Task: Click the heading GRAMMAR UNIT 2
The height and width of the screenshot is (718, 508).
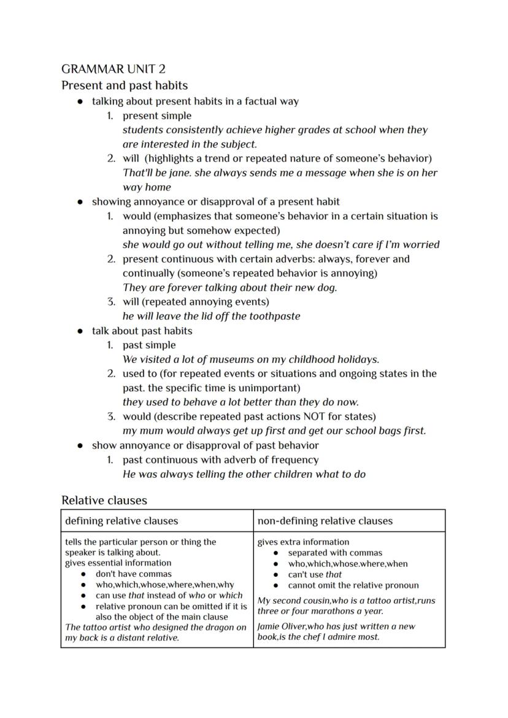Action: tap(114, 69)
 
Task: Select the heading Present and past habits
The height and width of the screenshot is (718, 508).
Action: tap(125, 85)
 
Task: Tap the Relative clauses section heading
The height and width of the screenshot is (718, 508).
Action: tap(104, 500)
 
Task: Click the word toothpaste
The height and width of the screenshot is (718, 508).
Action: tap(272, 316)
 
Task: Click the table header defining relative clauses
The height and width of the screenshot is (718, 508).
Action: tap(121, 521)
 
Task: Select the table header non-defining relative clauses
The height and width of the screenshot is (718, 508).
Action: tap(325, 521)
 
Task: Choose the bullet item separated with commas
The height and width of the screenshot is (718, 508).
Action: tap(335, 553)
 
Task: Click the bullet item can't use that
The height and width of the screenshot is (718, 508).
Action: tap(315, 574)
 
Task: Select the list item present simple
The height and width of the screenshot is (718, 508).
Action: tap(157, 115)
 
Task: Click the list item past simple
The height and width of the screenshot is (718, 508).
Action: tap(149, 345)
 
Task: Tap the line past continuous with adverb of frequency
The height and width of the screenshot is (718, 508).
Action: tap(220, 459)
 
